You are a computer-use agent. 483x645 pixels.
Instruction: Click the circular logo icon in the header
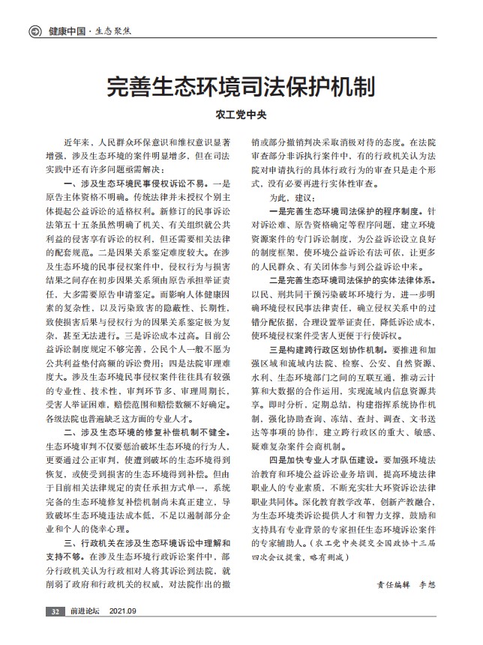pyautogui.click(x=34, y=32)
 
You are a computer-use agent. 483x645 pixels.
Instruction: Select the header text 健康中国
pyautogui.click(x=65, y=32)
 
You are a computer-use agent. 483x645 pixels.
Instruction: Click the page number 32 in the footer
pyautogui.click(x=55, y=612)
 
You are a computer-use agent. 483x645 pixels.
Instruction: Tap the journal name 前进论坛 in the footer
pyautogui.click(x=85, y=612)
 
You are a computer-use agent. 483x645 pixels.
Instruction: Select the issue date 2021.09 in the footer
pyautogui.click(x=124, y=612)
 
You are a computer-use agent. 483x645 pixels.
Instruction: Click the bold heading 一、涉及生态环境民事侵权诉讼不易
pyautogui.click(x=131, y=184)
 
